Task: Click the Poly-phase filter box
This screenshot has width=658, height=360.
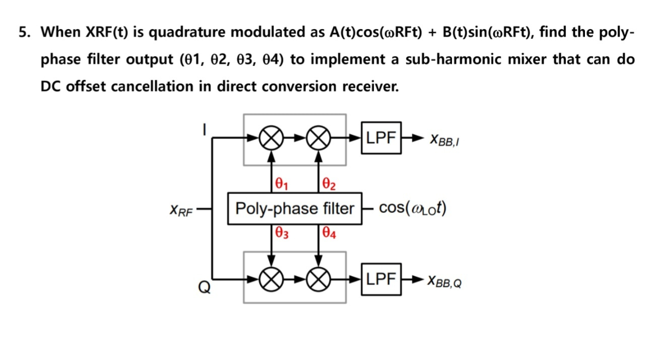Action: click(x=295, y=208)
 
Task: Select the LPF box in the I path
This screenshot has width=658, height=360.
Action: click(x=381, y=137)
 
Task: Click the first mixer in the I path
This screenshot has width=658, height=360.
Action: click(x=271, y=138)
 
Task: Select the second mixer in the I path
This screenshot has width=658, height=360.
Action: click(x=318, y=138)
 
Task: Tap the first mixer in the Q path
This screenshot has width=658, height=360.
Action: click(x=271, y=279)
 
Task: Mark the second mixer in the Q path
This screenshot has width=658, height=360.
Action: click(x=318, y=279)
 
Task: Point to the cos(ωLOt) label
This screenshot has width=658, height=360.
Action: click(x=412, y=208)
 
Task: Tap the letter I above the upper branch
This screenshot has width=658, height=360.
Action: click(x=204, y=129)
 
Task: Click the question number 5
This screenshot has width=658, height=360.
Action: click(x=24, y=33)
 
